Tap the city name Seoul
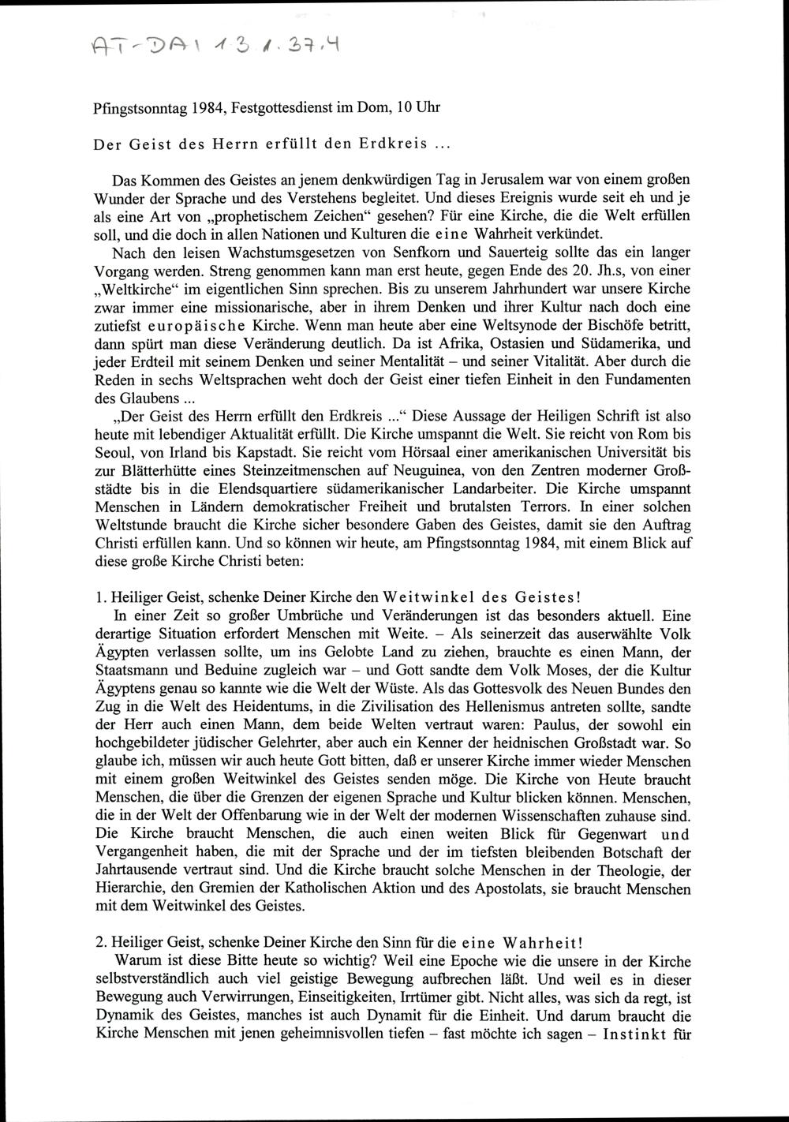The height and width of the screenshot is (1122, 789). pos(114,454)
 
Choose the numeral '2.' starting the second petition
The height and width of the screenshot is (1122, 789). pos(99,943)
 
